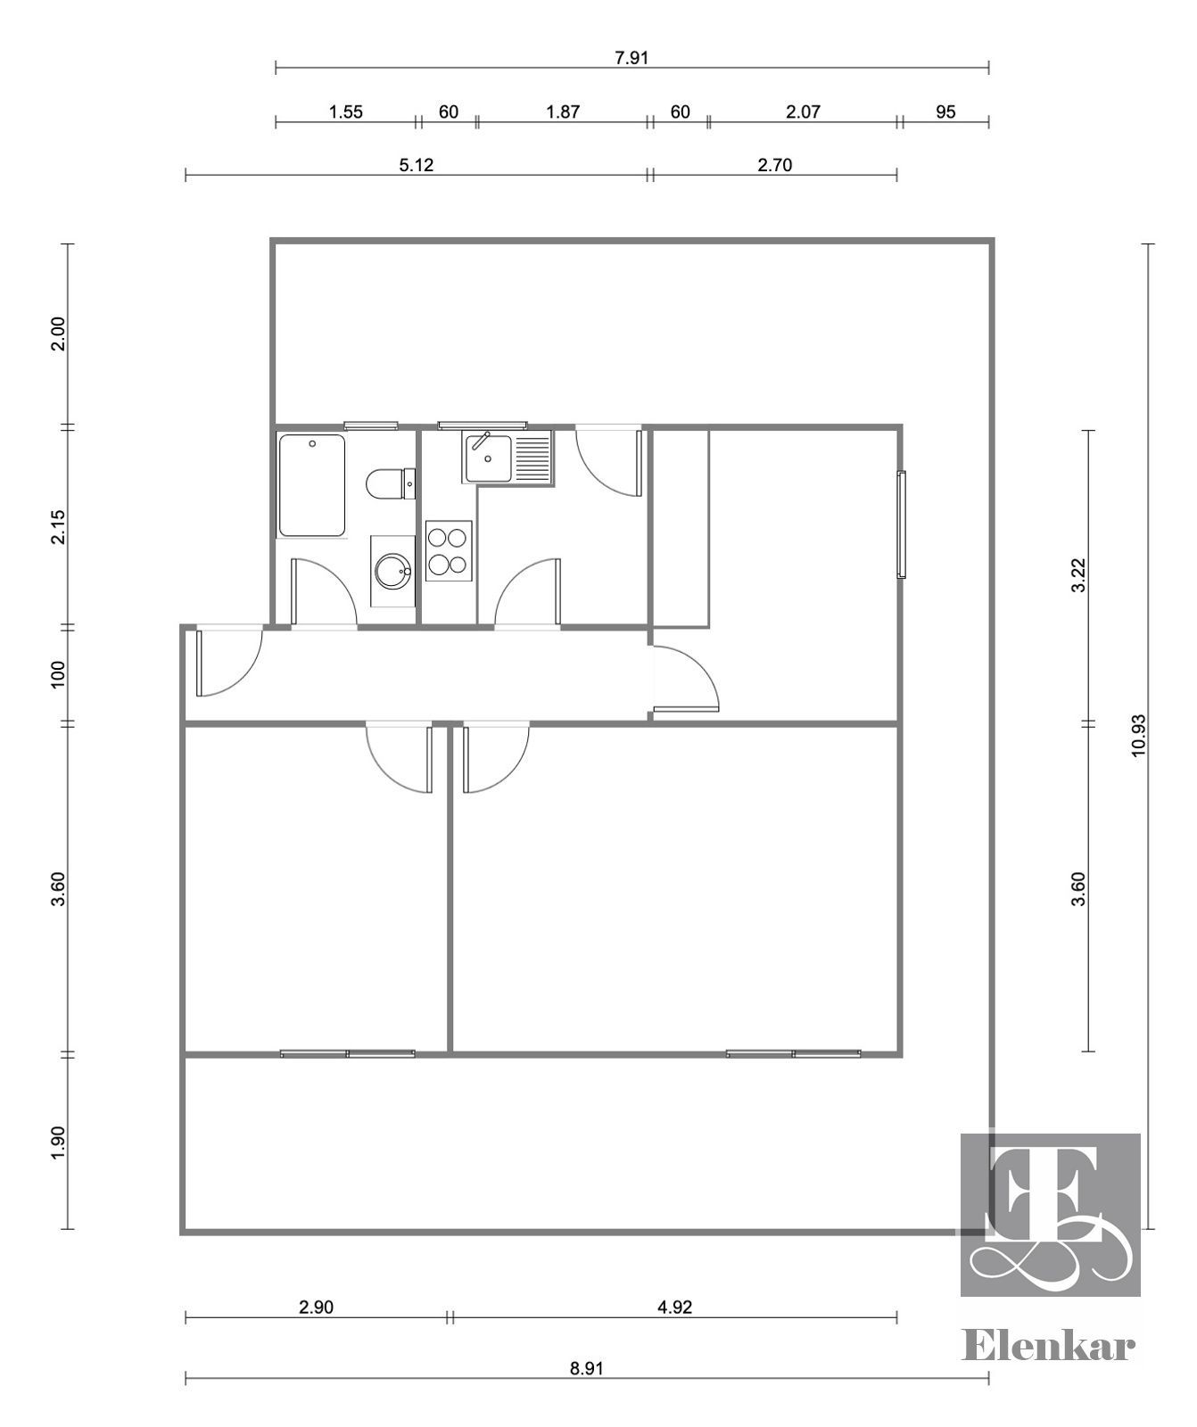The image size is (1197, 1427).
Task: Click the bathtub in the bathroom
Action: click(312, 486)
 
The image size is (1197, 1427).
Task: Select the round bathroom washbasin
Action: click(393, 572)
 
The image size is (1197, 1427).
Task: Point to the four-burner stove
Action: click(449, 551)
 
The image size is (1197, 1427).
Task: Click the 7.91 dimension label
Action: click(632, 58)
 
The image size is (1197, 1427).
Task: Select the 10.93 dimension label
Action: click(1139, 736)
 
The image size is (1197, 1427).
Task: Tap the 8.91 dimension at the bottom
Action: click(587, 1368)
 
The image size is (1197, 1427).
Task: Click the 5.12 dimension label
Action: click(417, 165)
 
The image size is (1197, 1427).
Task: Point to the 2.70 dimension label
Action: click(774, 165)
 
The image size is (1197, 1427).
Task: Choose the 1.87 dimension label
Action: click(563, 111)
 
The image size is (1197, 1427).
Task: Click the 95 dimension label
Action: click(946, 111)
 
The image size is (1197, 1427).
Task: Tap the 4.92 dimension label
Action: click(674, 1307)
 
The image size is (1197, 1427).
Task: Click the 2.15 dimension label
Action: click(58, 527)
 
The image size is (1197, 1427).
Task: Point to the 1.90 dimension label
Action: click(58, 1143)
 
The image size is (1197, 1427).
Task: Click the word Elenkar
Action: click(1049, 1345)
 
